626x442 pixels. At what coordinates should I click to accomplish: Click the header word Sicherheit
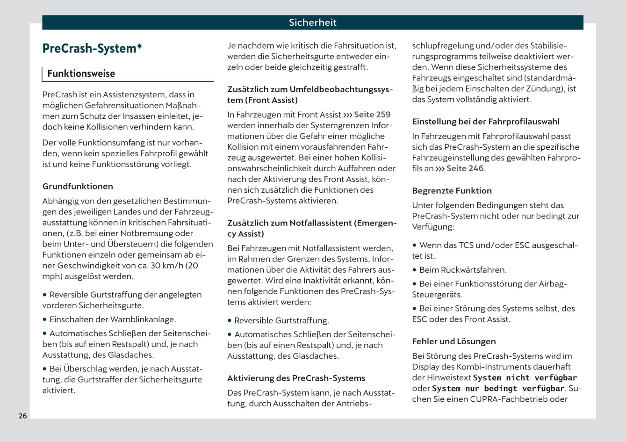pos(312,22)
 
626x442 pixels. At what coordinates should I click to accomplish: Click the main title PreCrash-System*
pos(92,49)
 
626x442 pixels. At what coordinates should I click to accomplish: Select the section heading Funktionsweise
pos(81,74)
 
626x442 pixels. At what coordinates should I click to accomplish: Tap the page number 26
pos(22,416)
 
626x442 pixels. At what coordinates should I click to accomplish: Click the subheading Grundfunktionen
pos(78,186)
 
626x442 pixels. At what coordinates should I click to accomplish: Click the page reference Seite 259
pos(372,115)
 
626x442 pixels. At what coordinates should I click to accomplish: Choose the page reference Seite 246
pos(465,168)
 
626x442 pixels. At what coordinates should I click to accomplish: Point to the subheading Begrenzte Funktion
pos(452,190)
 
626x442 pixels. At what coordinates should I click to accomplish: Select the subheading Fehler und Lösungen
pos(453,341)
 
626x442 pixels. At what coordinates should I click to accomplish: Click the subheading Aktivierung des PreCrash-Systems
pos(296,378)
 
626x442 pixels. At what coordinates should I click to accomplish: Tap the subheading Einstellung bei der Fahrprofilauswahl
pos(485,122)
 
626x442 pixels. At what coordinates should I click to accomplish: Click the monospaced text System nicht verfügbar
pos(525,378)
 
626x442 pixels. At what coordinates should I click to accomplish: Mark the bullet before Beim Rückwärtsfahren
pos(415,270)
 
